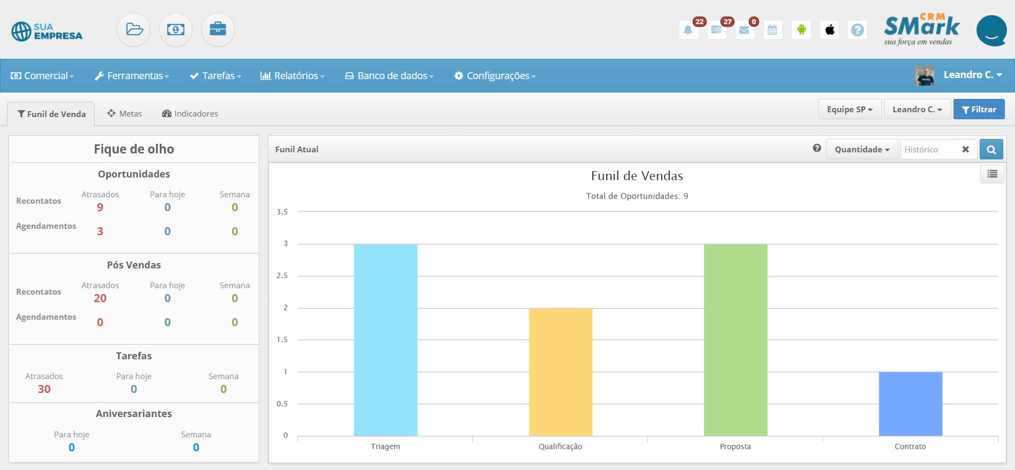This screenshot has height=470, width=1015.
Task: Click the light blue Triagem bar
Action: (x=385, y=340)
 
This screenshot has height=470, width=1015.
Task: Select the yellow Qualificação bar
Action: (x=560, y=372)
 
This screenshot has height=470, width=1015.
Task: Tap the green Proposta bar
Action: (x=735, y=340)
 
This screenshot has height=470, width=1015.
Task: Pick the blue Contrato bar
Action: (x=910, y=404)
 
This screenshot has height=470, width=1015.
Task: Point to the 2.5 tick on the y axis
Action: (x=282, y=276)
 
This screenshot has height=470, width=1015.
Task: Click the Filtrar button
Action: (x=979, y=109)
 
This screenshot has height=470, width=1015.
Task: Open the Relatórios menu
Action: (x=292, y=76)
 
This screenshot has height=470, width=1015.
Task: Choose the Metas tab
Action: (x=125, y=113)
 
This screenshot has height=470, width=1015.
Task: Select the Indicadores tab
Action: (x=190, y=113)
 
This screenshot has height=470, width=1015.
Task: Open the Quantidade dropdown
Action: (x=862, y=149)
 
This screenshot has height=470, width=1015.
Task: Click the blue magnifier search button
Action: (x=991, y=149)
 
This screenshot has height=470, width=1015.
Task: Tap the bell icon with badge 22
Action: (x=688, y=30)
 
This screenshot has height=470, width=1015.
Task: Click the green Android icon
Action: (x=801, y=30)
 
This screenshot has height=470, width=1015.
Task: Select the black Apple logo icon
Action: (x=830, y=30)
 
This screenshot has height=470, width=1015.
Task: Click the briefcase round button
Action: (x=218, y=29)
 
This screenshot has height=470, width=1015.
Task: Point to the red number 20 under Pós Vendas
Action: (x=100, y=298)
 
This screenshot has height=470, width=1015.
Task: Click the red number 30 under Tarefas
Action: (x=44, y=389)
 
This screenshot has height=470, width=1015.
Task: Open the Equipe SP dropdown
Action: (x=849, y=109)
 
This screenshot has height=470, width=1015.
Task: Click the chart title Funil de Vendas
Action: (x=637, y=176)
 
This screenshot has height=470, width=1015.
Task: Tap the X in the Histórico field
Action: (x=965, y=149)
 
